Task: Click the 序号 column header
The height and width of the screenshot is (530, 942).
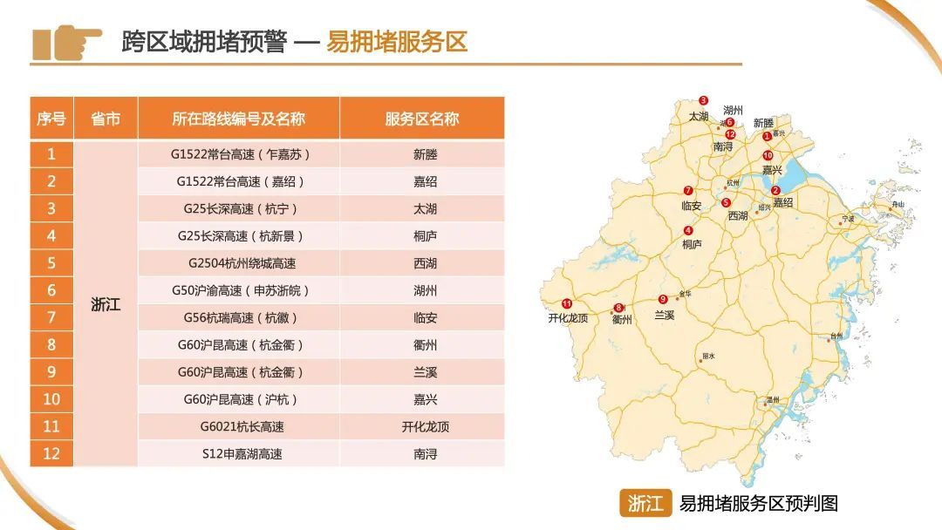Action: [51, 119]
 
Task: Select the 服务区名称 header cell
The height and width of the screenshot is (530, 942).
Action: [422, 119]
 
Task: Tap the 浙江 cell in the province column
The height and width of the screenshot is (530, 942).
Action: [106, 305]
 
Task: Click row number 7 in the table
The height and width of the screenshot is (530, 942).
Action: [51, 317]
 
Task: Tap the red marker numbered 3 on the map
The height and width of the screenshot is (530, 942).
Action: [704, 101]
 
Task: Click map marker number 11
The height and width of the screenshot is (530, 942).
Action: [567, 303]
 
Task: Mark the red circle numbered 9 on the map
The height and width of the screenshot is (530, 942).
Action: [663, 299]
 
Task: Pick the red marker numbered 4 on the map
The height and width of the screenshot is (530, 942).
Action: [689, 231]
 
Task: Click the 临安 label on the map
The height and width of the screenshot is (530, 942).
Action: [691, 206]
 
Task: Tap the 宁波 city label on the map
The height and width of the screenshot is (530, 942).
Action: [848, 218]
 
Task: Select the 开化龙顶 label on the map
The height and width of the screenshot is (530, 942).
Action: [568, 318]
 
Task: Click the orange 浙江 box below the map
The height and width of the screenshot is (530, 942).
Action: [645, 503]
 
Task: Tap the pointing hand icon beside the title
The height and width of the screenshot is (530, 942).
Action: [66, 42]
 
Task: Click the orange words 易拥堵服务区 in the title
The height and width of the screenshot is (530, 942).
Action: [397, 42]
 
